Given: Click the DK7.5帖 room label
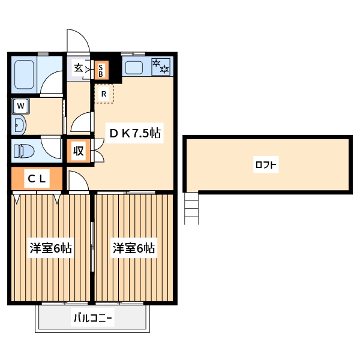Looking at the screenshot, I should (134, 133).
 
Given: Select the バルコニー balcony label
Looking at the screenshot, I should (93, 318).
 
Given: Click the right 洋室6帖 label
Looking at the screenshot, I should (134, 248).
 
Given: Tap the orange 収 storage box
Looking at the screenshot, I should (79, 151).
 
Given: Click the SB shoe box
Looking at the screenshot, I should (101, 71).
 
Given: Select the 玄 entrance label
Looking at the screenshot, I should (79, 67).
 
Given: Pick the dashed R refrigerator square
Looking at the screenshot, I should (104, 94).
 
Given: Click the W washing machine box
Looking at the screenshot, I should (21, 106).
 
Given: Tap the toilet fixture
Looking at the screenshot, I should (25, 150).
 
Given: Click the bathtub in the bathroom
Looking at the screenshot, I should (25, 75).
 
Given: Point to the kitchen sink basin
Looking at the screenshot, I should (133, 67).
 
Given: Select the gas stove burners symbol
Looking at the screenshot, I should (161, 67).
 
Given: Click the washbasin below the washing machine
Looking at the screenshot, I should (19, 125).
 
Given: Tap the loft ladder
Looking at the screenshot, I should (191, 208).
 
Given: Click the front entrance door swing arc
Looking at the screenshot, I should (78, 41).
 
